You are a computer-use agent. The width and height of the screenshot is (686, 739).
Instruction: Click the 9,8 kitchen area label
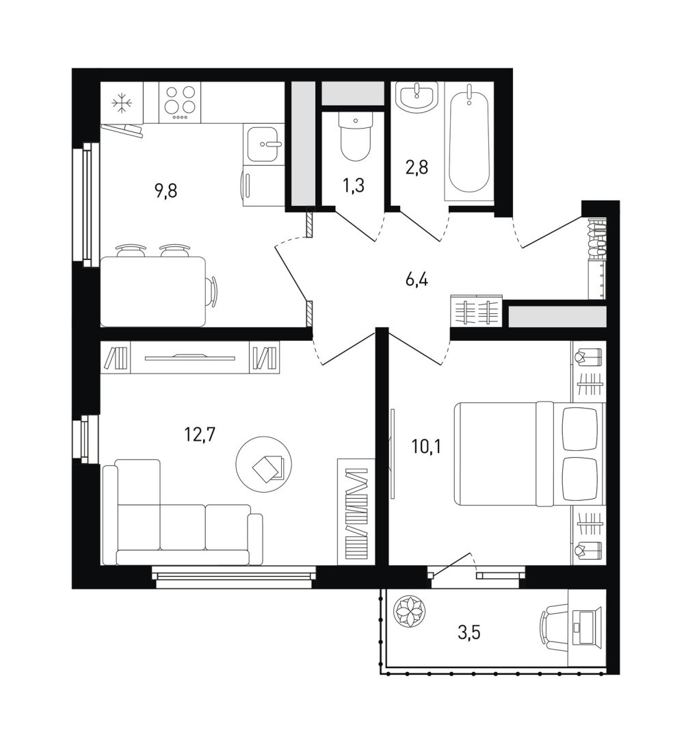click(x=166, y=192)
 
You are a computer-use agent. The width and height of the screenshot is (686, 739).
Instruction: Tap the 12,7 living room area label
click(x=200, y=434)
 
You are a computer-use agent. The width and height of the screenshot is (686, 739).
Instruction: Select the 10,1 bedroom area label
click(x=426, y=446)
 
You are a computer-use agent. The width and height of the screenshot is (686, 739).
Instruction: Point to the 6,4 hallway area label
click(x=417, y=280)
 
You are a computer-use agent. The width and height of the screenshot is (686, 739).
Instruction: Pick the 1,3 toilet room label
click(x=354, y=185)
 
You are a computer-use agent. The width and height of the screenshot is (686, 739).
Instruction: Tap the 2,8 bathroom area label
click(x=417, y=168)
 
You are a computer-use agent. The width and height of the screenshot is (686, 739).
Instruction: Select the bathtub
click(x=469, y=140)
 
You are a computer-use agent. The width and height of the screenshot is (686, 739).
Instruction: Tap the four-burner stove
click(x=180, y=103)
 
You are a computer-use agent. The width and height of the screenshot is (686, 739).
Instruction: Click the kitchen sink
click(x=264, y=143)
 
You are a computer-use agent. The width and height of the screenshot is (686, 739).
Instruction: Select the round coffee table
click(x=264, y=465)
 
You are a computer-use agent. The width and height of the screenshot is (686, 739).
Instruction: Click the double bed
click(x=529, y=454)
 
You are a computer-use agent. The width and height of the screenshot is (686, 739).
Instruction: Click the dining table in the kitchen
click(x=154, y=291)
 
